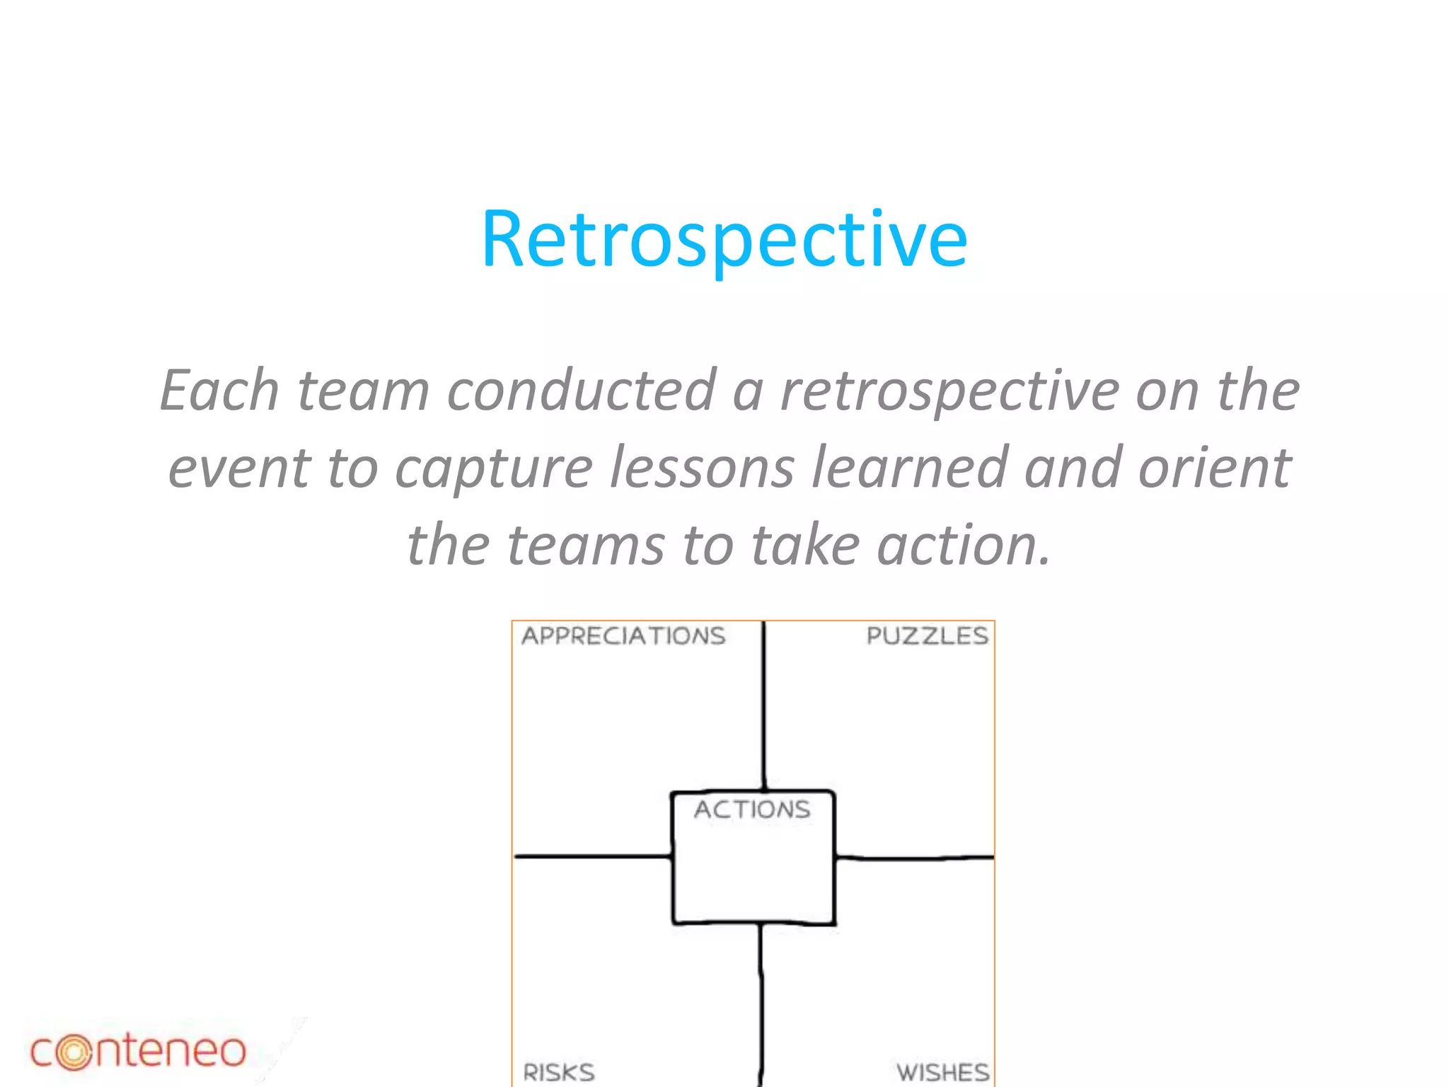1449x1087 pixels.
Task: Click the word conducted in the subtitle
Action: pyautogui.click(x=581, y=391)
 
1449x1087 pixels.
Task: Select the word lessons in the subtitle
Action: pyautogui.click(x=702, y=468)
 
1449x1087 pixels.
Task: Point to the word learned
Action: pyautogui.click(x=909, y=468)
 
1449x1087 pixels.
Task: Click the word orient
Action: pyautogui.click(x=1214, y=468)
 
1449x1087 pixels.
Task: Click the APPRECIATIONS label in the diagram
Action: pyautogui.click(x=623, y=635)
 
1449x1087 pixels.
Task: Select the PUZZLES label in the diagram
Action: pyautogui.click(x=927, y=635)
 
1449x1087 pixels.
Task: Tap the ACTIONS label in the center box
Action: pyautogui.click(x=752, y=809)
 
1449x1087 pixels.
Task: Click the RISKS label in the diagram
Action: pyautogui.click(x=559, y=1071)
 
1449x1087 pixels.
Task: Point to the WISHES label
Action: pyautogui.click(x=942, y=1071)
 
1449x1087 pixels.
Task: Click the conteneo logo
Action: pyautogui.click(x=138, y=1051)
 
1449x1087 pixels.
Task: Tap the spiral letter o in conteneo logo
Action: pyautogui.click(x=74, y=1052)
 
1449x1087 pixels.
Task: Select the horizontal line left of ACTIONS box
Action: pyautogui.click(x=592, y=856)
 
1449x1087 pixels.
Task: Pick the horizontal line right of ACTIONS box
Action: pyautogui.click(x=914, y=858)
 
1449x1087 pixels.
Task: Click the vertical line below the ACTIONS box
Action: pyautogui.click(x=761, y=1005)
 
